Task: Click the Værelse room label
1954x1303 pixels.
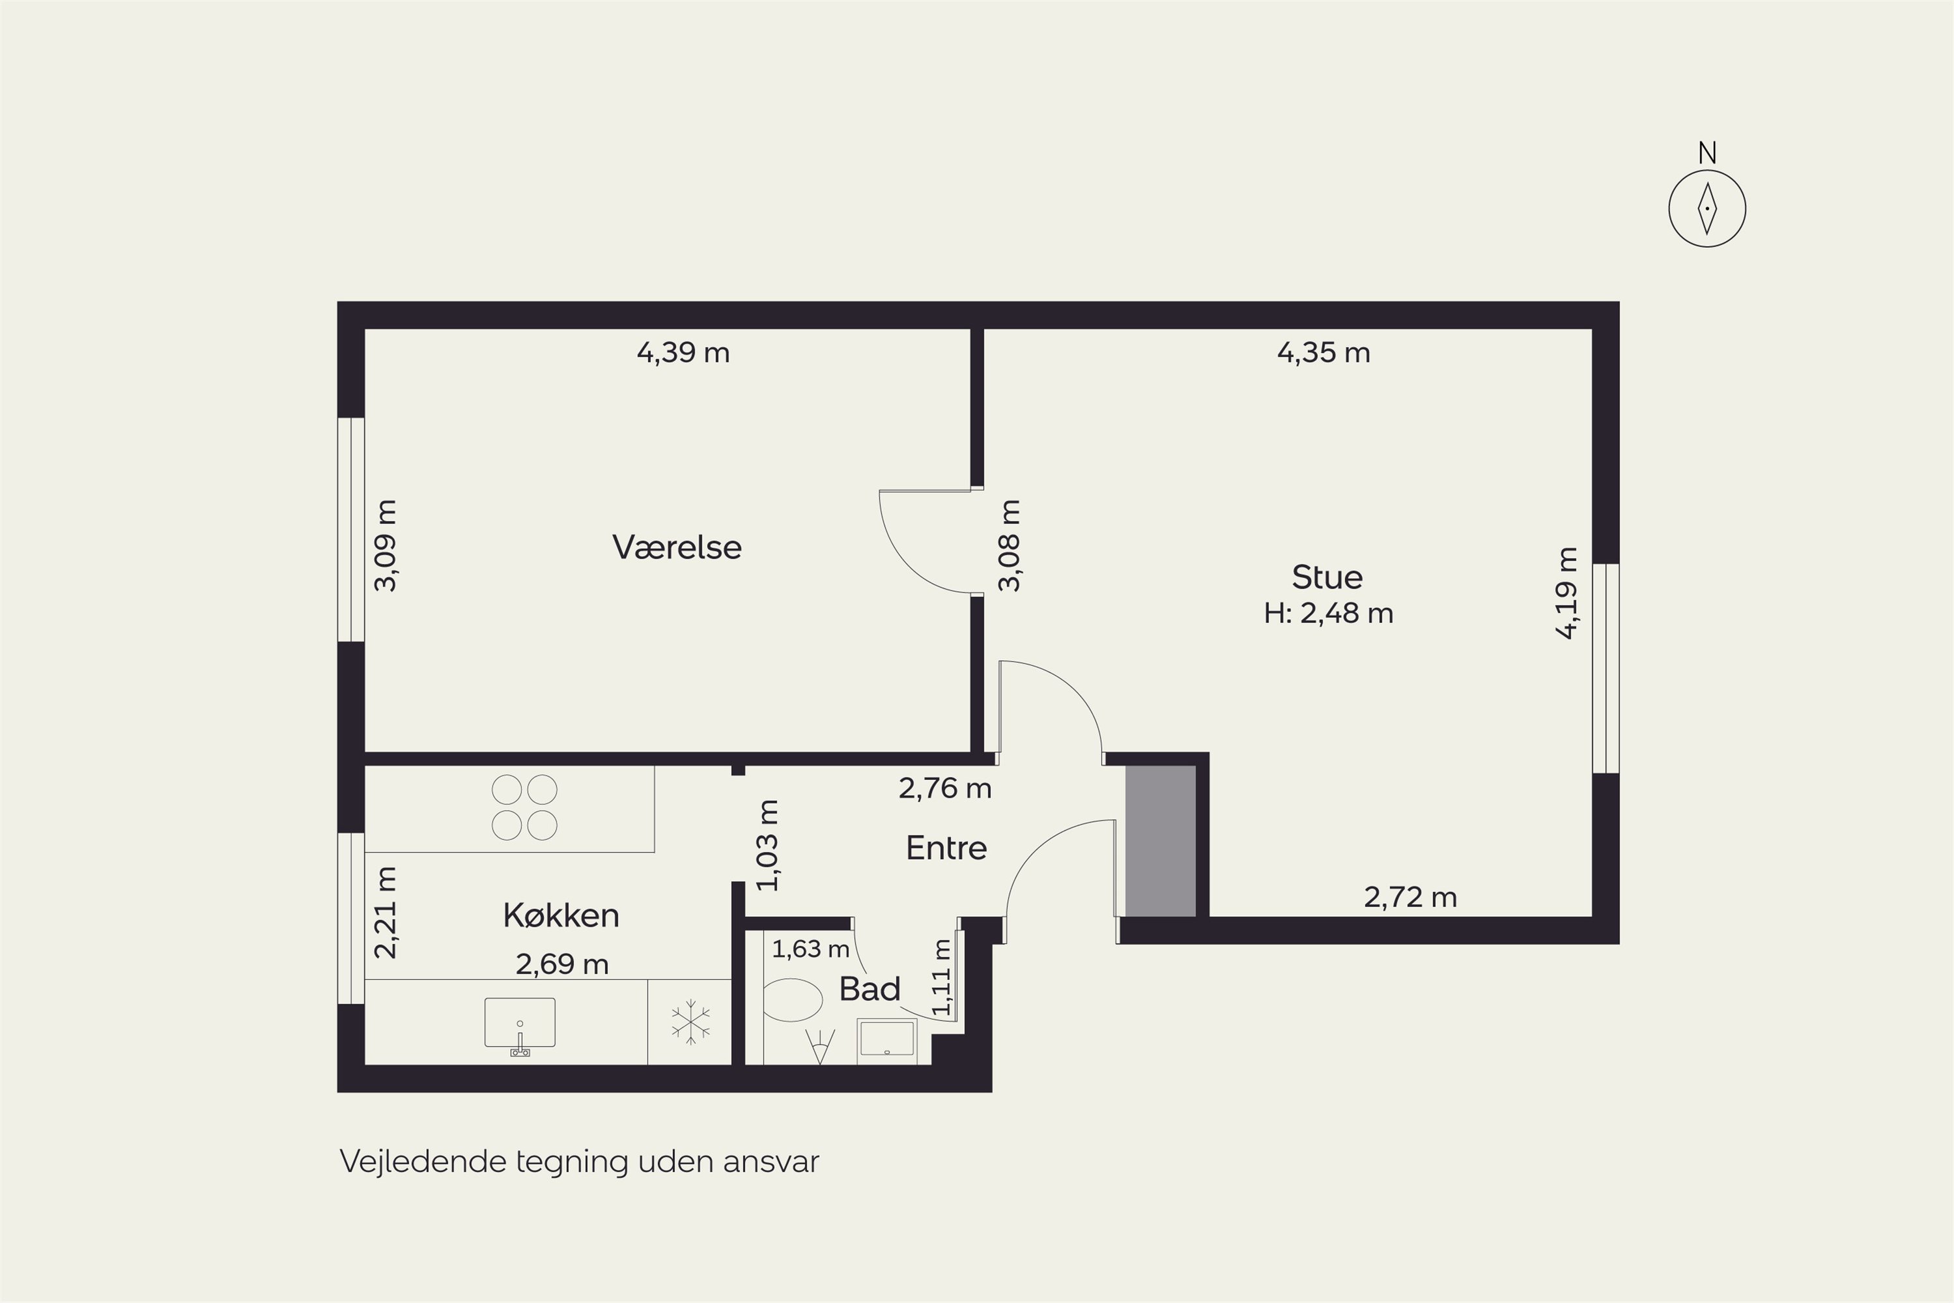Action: click(x=676, y=547)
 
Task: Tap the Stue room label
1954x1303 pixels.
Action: click(x=1327, y=577)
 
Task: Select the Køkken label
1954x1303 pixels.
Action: click(x=561, y=915)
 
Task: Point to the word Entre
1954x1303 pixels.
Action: click(x=946, y=848)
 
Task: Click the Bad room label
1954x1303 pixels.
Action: click(x=869, y=989)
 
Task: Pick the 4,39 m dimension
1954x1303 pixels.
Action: click(x=683, y=352)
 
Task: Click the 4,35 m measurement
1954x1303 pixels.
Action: click(x=1324, y=352)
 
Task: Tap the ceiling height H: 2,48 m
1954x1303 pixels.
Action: click(x=1329, y=613)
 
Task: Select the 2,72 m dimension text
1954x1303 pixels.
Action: click(x=1411, y=896)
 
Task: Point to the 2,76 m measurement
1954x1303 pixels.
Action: click(x=944, y=788)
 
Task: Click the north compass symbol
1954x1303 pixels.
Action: click(x=1707, y=208)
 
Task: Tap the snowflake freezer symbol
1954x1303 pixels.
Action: click(x=690, y=1022)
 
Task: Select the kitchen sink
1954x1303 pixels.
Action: click(x=520, y=1025)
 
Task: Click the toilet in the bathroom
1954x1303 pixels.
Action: click(x=793, y=999)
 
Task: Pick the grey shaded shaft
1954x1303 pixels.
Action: click(x=1161, y=841)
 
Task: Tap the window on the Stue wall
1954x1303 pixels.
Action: click(x=1606, y=668)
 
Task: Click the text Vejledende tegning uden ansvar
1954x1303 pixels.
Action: click(x=579, y=1161)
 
